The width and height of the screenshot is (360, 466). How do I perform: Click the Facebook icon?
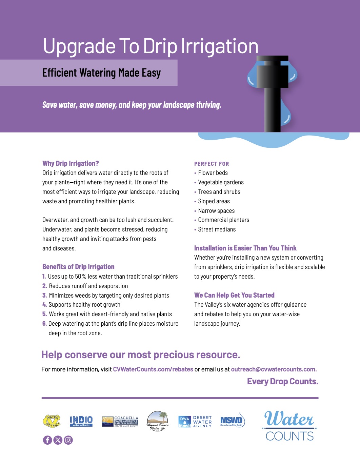[47, 440]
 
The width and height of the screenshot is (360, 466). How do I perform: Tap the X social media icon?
[58, 440]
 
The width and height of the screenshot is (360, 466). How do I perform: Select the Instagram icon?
[68, 440]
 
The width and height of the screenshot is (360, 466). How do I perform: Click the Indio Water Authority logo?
[81, 421]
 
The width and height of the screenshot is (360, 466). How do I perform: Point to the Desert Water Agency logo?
[195, 422]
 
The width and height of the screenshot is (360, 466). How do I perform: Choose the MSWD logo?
[232, 421]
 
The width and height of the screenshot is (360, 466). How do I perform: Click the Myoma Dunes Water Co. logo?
[158, 421]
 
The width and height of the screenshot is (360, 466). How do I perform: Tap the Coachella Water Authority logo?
[120, 421]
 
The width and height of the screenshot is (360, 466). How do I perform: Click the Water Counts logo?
[289, 426]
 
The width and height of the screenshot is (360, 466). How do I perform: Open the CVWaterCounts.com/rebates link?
[153, 369]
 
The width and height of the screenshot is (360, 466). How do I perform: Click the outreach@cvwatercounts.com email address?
[274, 369]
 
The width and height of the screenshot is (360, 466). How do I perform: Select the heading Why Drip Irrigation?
[71, 163]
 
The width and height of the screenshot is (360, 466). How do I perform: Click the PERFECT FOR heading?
[212, 164]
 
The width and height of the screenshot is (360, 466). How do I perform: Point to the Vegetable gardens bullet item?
[221, 182]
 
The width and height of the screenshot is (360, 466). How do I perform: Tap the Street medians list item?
[217, 229]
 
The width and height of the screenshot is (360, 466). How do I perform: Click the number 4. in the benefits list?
[45, 305]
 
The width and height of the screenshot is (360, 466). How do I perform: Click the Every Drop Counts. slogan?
[283, 382]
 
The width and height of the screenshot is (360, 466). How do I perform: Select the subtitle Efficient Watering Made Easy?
[101, 73]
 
